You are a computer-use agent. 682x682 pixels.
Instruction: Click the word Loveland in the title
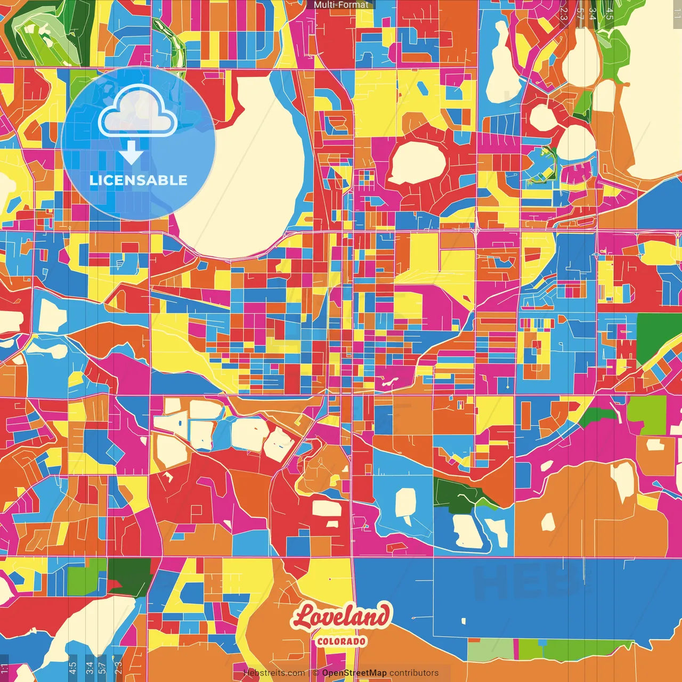(341, 617)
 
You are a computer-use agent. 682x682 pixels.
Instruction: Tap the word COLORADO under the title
(341, 641)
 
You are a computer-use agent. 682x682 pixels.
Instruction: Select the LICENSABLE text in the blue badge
(139, 180)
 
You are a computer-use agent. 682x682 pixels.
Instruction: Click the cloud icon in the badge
(138, 112)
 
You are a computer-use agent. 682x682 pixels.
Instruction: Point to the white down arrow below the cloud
(131, 153)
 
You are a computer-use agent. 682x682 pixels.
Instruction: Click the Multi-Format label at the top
(341, 5)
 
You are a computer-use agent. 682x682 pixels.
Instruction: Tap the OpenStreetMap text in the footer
(354, 673)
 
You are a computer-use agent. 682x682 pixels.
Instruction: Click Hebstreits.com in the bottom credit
(274, 673)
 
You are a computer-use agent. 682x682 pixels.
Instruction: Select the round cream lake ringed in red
(417, 163)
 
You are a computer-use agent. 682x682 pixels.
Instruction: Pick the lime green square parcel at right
(646, 414)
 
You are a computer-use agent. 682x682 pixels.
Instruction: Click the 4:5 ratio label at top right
(610, 13)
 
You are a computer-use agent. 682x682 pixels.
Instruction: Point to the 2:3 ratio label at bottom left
(118, 667)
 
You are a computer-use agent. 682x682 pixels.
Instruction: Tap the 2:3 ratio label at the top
(564, 13)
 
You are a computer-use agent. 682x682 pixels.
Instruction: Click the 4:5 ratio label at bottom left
(72, 667)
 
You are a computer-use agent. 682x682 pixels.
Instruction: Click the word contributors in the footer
(414, 673)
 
